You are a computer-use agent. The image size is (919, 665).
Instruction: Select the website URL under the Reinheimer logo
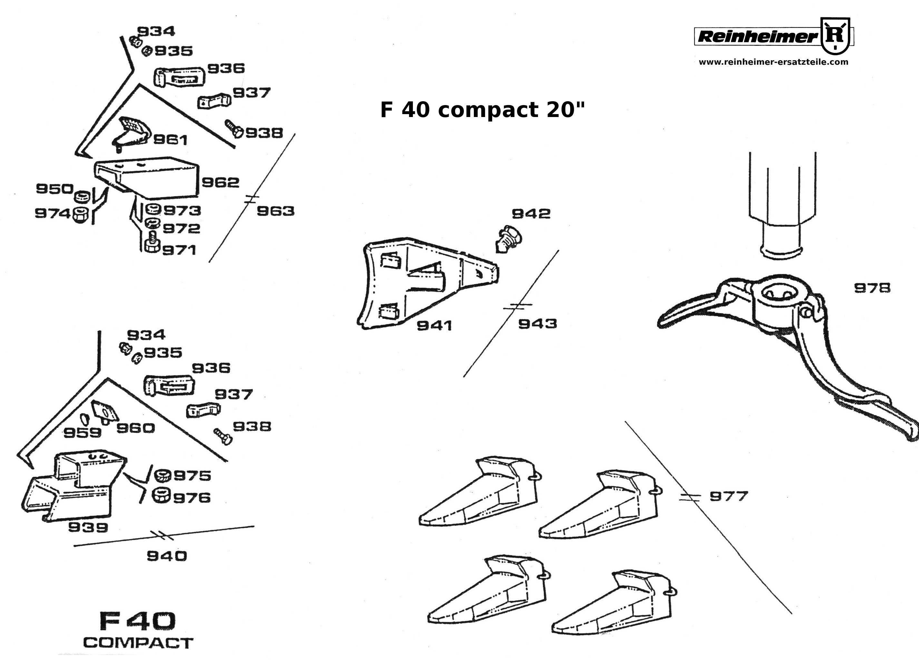point(773,62)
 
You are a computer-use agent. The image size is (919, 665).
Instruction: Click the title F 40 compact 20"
point(482,110)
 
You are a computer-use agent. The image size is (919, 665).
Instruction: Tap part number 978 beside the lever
point(872,288)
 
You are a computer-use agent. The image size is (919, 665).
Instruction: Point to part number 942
point(531,214)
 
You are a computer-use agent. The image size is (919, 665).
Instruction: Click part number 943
point(537,324)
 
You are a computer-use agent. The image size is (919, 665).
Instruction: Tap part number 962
point(220,182)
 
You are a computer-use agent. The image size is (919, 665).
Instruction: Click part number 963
point(276,211)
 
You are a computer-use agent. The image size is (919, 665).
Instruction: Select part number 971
point(179,250)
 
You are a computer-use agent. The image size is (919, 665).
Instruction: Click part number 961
point(170,140)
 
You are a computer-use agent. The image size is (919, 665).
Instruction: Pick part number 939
point(88,527)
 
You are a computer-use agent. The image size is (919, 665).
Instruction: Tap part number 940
point(167,556)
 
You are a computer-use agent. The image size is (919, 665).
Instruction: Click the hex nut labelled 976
point(161,496)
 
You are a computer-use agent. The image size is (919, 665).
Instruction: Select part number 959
point(82,433)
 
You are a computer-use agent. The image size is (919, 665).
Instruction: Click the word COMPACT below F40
point(138,643)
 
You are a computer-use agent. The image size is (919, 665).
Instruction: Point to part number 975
point(192,476)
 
